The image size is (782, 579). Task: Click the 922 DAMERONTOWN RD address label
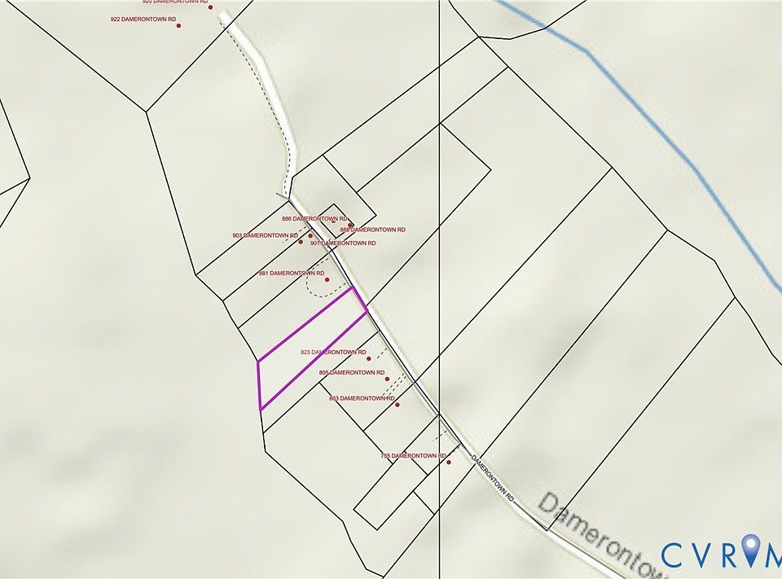[143, 19]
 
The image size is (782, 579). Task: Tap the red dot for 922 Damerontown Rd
[178, 25]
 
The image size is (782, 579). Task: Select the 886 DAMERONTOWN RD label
[314, 219]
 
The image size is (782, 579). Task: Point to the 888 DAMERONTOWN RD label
[372, 230]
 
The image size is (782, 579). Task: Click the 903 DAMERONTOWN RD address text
[265, 235]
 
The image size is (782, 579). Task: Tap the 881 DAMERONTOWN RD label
[291, 273]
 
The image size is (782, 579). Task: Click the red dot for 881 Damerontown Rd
[327, 280]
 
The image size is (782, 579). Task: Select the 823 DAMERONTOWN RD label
[333, 352]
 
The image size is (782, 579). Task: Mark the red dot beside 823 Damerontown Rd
[369, 358]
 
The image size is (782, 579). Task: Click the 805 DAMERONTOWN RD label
[352, 372]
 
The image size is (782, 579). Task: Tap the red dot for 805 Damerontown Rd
[387, 379]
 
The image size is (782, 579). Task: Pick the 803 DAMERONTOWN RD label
[362, 398]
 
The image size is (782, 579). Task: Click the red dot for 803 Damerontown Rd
[398, 405]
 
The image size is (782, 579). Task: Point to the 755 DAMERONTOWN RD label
[413, 456]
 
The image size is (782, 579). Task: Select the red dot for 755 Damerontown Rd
[449, 463]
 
